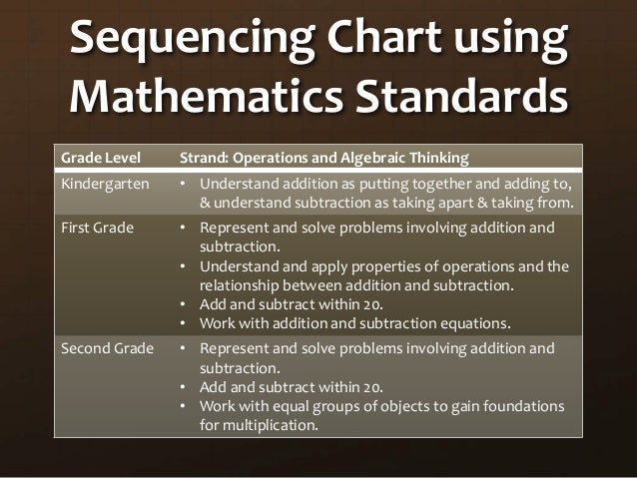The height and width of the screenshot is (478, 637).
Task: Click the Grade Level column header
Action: click(100, 158)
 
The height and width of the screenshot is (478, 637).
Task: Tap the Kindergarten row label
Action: click(105, 184)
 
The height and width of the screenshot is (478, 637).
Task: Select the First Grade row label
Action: click(98, 228)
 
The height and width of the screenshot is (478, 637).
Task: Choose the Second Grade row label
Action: click(108, 348)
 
